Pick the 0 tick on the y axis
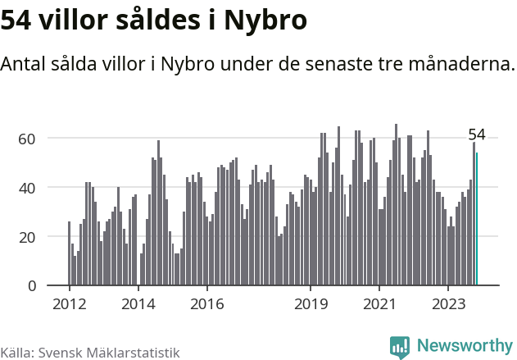32,286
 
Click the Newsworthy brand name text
464,346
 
